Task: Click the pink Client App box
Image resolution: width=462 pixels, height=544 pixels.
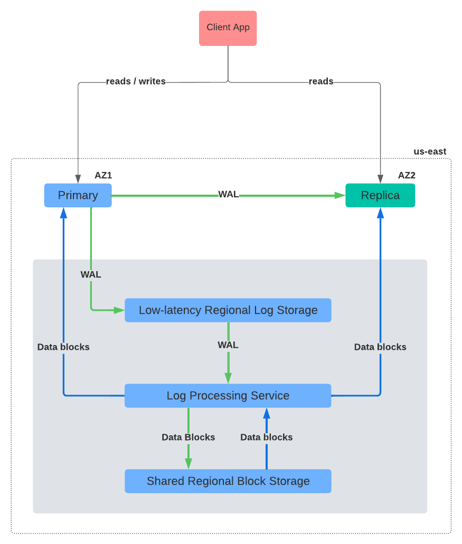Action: pyautogui.click(x=228, y=28)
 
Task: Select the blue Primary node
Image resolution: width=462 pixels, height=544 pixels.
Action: pyautogui.click(x=78, y=195)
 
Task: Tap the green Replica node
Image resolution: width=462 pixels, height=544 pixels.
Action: pyautogui.click(x=380, y=195)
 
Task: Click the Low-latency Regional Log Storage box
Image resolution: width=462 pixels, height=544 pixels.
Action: pyautogui.click(x=228, y=310)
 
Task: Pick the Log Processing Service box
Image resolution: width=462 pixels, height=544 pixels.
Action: pyautogui.click(x=228, y=396)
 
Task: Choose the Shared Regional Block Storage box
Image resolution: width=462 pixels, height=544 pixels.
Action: pyautogui.click(x=228, y=481)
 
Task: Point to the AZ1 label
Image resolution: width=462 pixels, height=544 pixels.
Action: pyautogui.click(x=103, y=175)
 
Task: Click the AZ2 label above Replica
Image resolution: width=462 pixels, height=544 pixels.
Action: pyautogui.click(x=407, y=175)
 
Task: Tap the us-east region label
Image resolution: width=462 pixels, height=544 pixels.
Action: pyautogui.click(x=430, y=151)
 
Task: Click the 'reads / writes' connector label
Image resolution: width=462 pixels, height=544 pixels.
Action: pyautogui.click(x=136, y=81)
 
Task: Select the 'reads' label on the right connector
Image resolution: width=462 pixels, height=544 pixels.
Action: pyautogui.click(x=321, y=81)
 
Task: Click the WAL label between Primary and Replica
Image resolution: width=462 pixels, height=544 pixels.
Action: pyautogui.click(x=228, y=195)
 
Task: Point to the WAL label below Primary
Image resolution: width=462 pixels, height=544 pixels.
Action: pyautogui.click(x=91, y=274)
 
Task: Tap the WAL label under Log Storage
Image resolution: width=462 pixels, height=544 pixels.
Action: pyautogui.click(x=228, y=345)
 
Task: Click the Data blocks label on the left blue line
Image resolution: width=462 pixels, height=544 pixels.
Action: pyautogui.click(x=63, y=347)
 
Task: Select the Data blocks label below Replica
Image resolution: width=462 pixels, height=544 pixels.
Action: pyautogui.click(x=380, y=347)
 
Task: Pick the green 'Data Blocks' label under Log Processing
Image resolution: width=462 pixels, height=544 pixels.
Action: pyautogui.click(x=188, y=437)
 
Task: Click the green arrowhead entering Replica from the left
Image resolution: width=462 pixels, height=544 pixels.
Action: pyautogui.click(x=341, y=195)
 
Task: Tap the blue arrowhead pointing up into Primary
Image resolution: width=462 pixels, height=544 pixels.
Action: pyautogui.click(x=63, y=212)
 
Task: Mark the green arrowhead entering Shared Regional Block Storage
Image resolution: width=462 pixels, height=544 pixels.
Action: pyautogui.click(x=188, y=464)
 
